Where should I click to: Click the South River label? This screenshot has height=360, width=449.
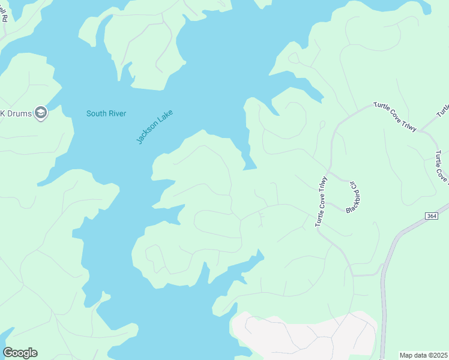click(106, 113)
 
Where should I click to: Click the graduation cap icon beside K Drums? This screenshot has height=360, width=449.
click(41, 113)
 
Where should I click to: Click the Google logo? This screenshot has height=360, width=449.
click(20, 352)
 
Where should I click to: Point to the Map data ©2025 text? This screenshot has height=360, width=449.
click(423, 355)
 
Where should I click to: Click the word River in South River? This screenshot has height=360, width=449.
click(116, 113)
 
